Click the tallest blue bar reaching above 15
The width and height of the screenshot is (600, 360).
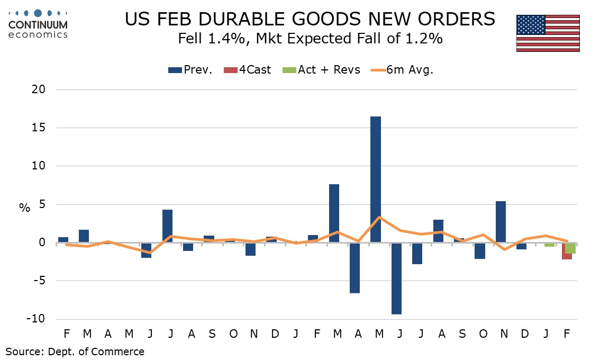click(x=376, y=179)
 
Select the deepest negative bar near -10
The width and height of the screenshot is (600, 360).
click(x=396, y=278)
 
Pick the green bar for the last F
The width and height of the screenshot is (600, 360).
click(x=570, y=248)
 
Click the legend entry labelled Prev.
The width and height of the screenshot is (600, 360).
click(x=190, y=69)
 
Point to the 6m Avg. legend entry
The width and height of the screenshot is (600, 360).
click(x=402, y=69)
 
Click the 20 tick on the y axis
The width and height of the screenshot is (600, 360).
click(x=38, y=90)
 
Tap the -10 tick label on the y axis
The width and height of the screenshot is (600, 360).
click(x=36, y=319)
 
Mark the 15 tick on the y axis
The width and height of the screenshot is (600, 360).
click(x=38, y=128)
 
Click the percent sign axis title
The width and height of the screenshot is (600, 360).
click(x=25, y=208)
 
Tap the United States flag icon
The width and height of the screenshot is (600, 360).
click(x=548, y=33)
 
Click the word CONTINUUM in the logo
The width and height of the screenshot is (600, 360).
click(x=38, y=24)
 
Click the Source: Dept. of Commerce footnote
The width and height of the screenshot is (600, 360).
click(x=75, y=351)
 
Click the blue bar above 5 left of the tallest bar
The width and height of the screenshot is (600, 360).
click(x=334, y=213)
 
